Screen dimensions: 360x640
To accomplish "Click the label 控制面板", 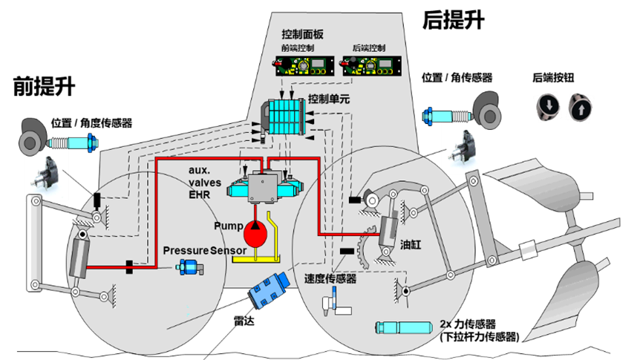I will coord(302,35).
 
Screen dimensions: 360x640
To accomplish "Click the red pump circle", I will coord(256,232).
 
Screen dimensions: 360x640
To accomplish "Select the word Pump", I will coord(228,225).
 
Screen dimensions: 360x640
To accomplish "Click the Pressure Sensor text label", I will coord(205,250).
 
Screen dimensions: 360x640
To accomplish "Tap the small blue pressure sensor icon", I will coord(194,268).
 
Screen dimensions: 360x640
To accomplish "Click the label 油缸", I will coord(411,244).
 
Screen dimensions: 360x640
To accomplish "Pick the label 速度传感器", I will coord(330,278).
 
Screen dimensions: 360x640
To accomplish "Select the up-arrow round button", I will coord(581,106).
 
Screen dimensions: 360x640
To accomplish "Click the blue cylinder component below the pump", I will coord(270,290).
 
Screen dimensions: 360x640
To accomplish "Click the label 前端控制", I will coord(298,48).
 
